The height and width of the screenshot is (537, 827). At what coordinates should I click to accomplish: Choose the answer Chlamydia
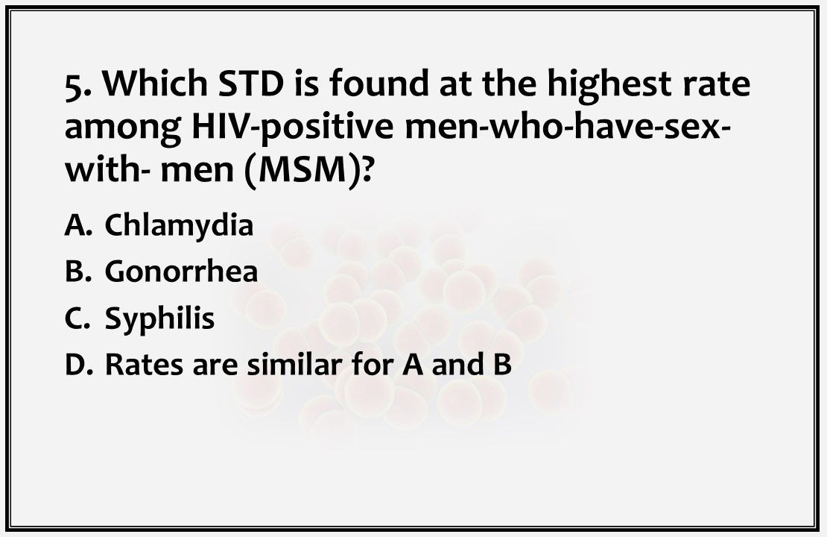[x=179, y=224]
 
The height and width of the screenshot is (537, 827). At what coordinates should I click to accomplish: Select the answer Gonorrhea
[x=181, y=271]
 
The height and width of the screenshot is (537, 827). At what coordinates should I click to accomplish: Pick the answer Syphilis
[x=159, y=318]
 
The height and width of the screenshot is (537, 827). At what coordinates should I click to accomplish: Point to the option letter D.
[x=76, y=365]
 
